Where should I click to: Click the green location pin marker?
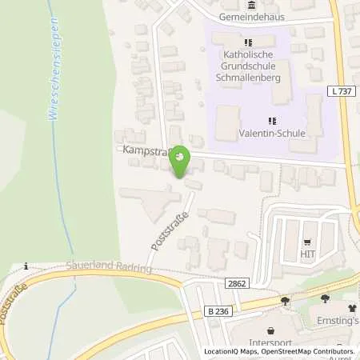tap(181, 162)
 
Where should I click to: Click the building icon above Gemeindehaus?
tap(253, 5)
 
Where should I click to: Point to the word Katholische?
tap(247, 55)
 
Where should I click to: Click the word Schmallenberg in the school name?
tap(247, 78)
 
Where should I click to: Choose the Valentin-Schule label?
tap(272, 134)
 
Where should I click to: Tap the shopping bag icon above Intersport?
tap(271, 328)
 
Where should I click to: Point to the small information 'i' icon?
tap(26, 266)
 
